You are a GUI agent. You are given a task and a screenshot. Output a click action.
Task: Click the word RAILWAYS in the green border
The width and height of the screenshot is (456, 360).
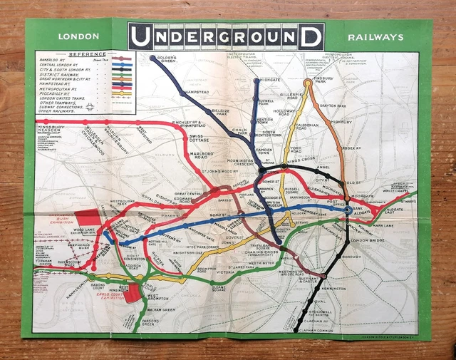[x=376, y=37]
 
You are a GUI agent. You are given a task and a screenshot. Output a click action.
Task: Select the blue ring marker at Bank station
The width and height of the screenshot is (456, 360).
[x=347, y=210]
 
